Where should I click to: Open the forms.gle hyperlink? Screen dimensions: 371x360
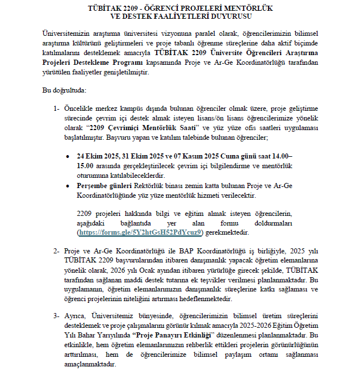click(140, 233)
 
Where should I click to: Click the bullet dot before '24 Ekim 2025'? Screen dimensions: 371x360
click(68, 156)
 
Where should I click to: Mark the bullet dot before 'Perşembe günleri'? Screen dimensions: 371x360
click(68, 186)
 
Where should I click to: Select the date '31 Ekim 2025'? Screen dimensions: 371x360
click(140, 156)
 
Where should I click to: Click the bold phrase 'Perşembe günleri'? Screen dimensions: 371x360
click(104, 186)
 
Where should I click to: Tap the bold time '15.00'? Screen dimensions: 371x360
click(86, 165)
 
